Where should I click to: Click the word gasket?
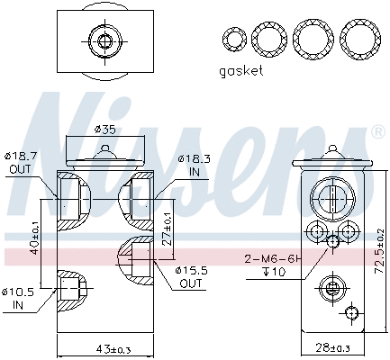(x=241, y=70)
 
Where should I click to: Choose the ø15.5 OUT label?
(x=191, y=277)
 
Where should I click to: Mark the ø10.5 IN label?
(x=20, y=296)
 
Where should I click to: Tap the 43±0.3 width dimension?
(x=102, y=348)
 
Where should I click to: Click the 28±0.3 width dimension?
(x=332, y=348)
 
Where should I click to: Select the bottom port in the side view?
(x=331, y=288)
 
